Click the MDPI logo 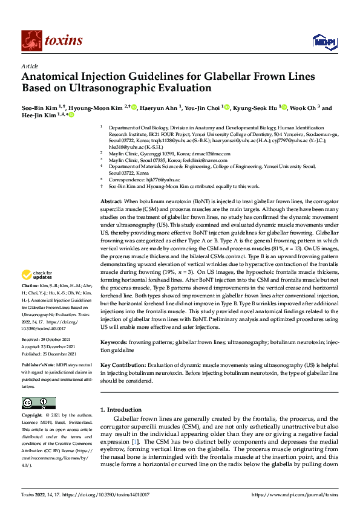click(322, 41)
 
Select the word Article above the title click(30, 66)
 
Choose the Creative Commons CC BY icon click(39, 403)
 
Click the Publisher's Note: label click(39, 366)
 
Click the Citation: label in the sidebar click(31, 301)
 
